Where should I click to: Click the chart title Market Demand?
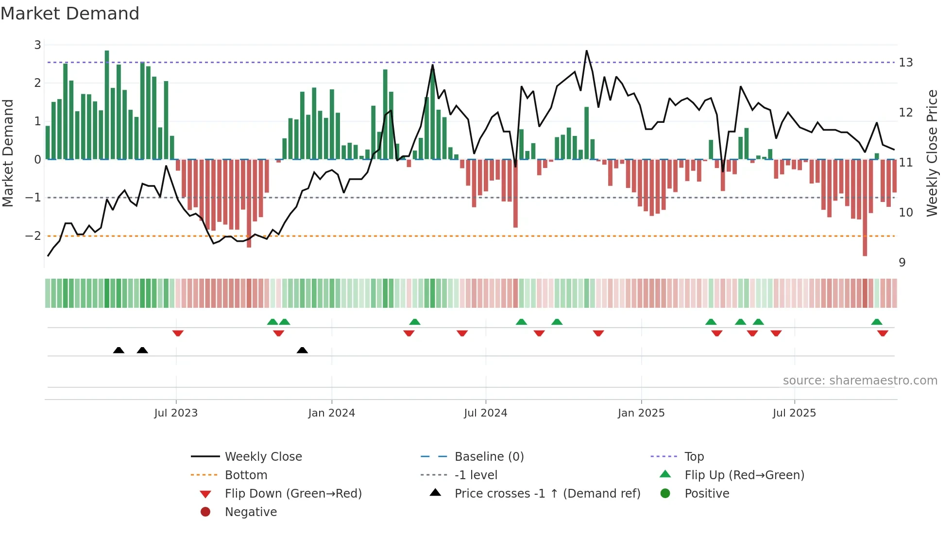[70, 14]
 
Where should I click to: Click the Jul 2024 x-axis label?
[485, 413]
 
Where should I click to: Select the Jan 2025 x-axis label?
[641, 413]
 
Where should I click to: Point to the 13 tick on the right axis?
[905, 63]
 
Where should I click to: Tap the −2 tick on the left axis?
[34, 236]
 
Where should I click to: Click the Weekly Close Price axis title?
[932, 153]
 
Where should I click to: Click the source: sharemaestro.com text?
[860, 381]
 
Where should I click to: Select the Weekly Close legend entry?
[263, 457]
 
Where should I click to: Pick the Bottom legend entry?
[246, 475]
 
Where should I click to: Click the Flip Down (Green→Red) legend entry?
[293, 494]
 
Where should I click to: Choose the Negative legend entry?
[251, 512]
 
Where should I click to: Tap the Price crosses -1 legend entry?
[547, 494]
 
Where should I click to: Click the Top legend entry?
[694, 457]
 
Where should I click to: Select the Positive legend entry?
[707, 494]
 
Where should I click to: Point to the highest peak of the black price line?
[587, 51]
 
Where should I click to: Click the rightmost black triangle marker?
[302, 350]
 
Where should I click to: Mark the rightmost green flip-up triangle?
[877, 322]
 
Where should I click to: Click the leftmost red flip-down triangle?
[178, 333]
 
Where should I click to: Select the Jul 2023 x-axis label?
[176, 413]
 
